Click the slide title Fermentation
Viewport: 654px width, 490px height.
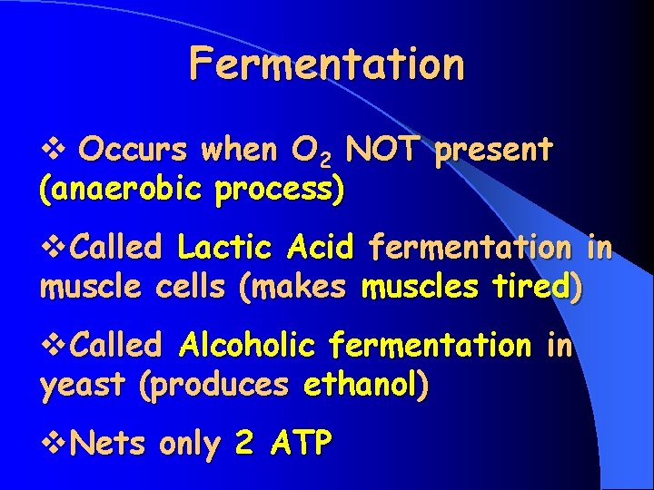[327, 64]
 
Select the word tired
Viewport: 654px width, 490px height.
[535, 289]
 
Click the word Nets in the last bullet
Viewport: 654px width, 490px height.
[109, 445]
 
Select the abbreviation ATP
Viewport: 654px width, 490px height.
[299, 445]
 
